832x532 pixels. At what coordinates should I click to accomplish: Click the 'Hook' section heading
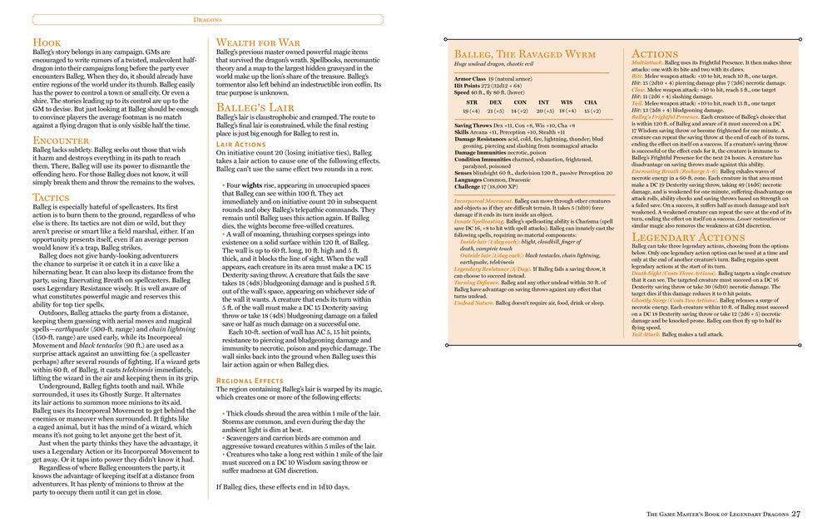click(x=47, y=42)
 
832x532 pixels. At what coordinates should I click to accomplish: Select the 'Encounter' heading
click(x=62, y=140)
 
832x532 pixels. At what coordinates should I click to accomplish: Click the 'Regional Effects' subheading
click(x=250, y=379)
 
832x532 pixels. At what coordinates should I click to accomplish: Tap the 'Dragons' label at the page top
click(x=209, y=17)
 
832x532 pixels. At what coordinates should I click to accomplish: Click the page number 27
click(x=795, y=514)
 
